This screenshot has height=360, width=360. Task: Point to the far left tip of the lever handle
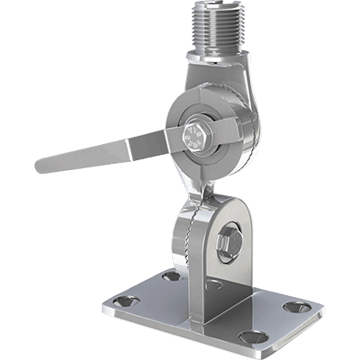click(x=38, y=166)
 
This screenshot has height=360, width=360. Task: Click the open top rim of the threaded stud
click(x=220, y=4)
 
